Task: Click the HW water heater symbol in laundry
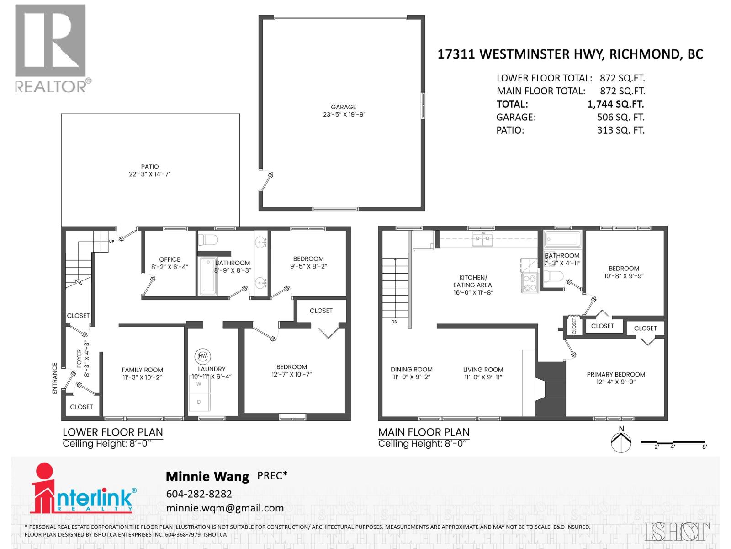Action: click(x=203, y=356)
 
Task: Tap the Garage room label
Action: click(x=343, y=107)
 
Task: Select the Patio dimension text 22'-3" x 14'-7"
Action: click(x=150, y=174)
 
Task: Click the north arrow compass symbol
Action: click(x=621, y=441)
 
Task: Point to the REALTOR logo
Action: click(x=51, y=48)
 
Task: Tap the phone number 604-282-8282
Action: click(x=199, y=494)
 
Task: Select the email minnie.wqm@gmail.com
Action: click(x=225, y=508)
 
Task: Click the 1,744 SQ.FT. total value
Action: click(x=615, y=104)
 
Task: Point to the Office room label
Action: click(x=170, y=259)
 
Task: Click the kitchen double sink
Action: click(x=482, y=238)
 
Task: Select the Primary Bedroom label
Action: click(x=616, y=374)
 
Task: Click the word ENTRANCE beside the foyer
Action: click(x=55, y=378)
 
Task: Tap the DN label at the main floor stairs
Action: click(x=394, y=322)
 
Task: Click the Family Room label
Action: click(x=142, y=370)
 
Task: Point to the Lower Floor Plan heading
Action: click(x=112, y=432)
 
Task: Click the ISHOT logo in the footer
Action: click(x=677, y=532)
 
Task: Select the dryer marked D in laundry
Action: click(x=199, y=402)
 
